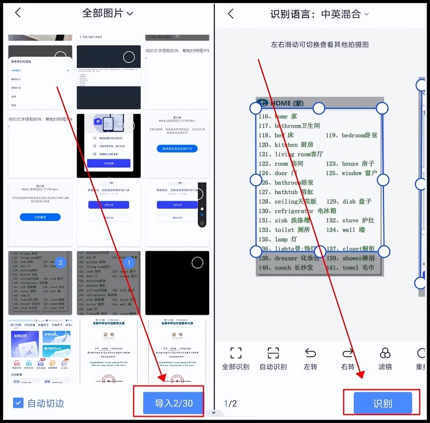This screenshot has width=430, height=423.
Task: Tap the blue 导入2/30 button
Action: [173, 403]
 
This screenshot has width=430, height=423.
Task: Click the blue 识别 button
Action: [382, 403]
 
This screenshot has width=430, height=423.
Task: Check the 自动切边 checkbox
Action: [18, 403]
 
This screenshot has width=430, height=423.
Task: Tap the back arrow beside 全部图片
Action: [18, 13]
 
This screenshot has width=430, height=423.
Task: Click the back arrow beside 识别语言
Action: [231, 14]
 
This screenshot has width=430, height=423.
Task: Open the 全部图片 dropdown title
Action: [107, 13]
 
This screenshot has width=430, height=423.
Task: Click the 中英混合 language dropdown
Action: [344, 14]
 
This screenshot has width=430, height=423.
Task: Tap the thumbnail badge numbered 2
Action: [60, 263]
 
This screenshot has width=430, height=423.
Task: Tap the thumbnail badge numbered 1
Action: [129, 263]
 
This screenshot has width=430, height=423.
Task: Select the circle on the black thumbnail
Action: [197, 263]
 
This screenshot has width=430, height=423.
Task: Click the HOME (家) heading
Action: [287, 103]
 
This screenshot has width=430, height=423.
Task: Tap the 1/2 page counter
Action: [230, 404]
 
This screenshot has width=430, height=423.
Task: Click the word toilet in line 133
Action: [284, 230]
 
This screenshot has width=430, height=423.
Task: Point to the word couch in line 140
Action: [283, 268]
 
